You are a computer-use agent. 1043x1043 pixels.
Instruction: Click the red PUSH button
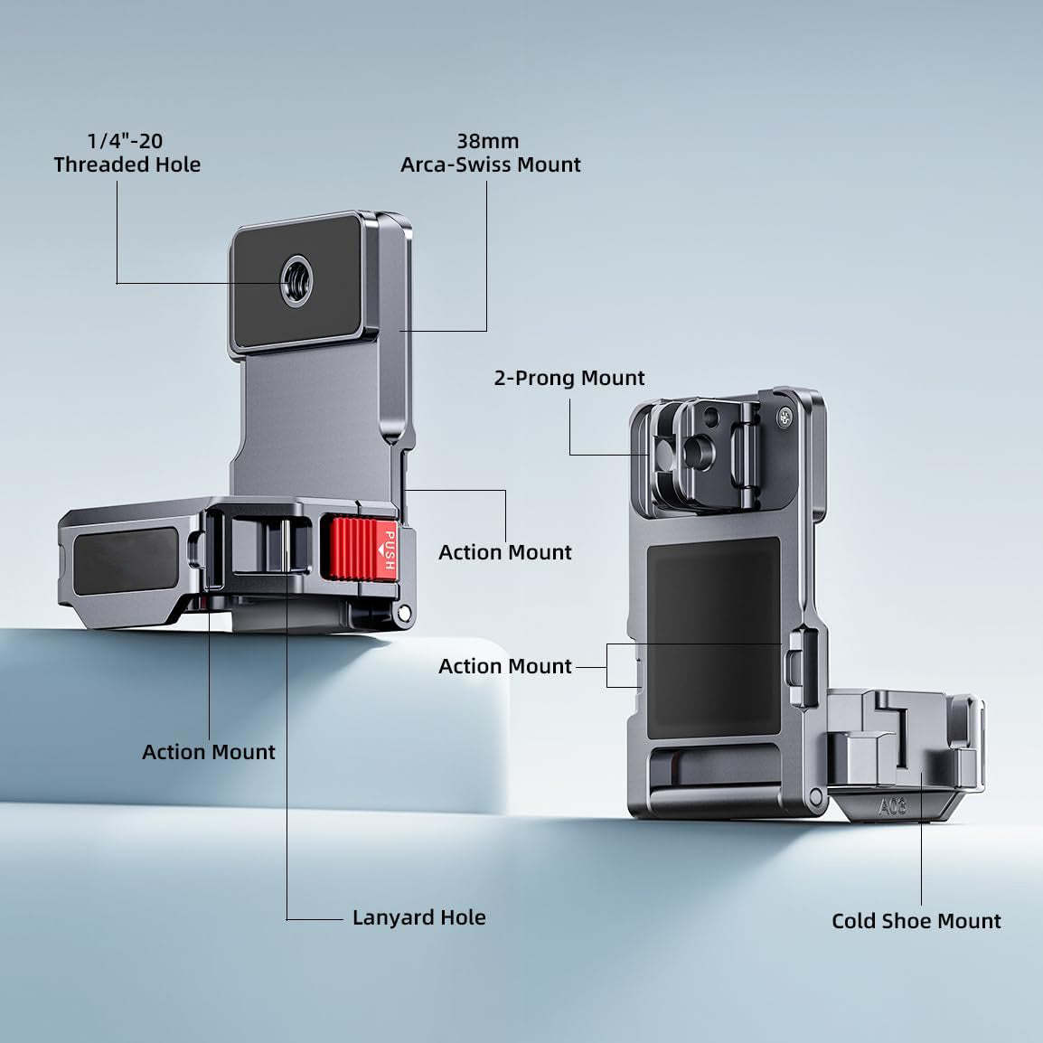tap(359, 548)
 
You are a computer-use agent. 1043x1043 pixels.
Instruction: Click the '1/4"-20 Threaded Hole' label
tap(127, 153)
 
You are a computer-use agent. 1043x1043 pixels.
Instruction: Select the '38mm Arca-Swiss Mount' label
tap(490, 153)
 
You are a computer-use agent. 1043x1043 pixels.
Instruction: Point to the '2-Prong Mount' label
tap(569, 378)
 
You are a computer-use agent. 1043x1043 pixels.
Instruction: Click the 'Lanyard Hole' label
tap(418, 917)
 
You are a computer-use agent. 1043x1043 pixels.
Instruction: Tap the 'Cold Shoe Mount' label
tap(916, 921)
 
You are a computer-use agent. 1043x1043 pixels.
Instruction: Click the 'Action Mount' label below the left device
tap(208, 752)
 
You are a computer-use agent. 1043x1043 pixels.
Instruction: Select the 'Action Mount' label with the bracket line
tap(505, 666)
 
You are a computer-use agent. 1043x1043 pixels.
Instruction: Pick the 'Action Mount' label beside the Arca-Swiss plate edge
tap(505, 552)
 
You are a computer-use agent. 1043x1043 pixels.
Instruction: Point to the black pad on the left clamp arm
tap(126, 562)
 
